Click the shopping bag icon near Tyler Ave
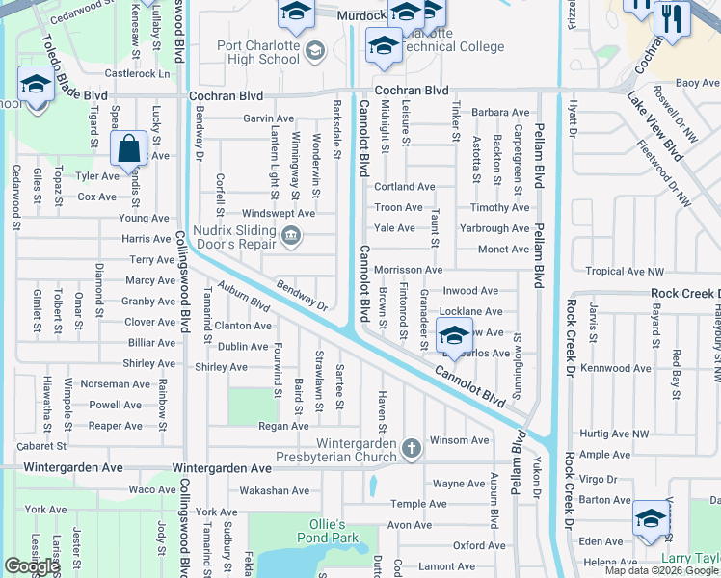pos(128,150)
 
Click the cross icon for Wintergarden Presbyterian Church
pos(412,448)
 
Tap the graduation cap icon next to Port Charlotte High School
pos(313,51)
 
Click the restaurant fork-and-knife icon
pos(667,16)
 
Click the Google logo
pos(32,566)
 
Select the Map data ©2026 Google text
pos(662,570)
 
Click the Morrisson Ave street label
pos(408,270)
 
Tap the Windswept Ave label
pos(279,213)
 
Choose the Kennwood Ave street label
pos(618,368)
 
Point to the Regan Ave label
pos(283,425)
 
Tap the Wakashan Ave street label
pos(275,490)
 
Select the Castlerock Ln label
pos(137,73)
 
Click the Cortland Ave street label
pos(404,187)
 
